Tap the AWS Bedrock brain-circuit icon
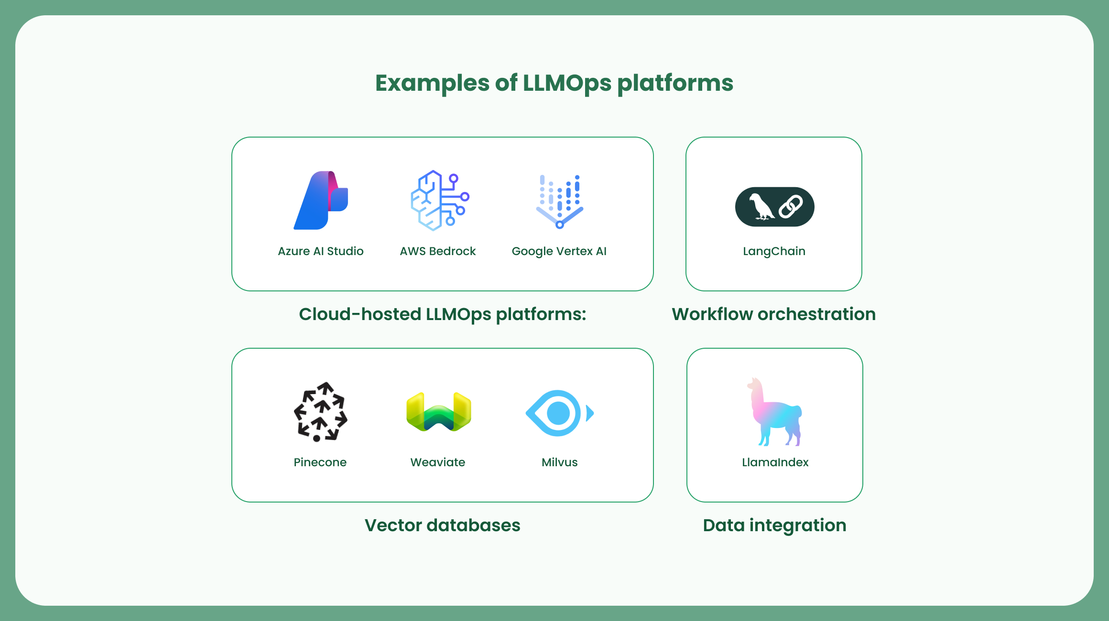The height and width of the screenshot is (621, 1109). point(439,201)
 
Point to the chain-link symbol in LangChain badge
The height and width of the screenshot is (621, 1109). point(791,207)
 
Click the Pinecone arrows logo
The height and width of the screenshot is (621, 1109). point(320,412)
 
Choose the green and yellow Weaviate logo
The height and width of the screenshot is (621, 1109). point(438,412)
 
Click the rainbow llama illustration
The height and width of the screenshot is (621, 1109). point(774,413)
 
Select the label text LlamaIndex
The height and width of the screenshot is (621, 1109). point(775,462)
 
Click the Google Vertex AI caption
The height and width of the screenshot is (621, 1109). point(559,251)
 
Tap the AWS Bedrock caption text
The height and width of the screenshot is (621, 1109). point(437,251)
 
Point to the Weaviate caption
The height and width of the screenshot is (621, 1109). point(437,462)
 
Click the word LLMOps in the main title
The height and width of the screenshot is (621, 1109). point(566,83)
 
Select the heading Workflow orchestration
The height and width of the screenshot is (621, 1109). point(773,314)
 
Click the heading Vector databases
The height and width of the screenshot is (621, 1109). point(442,525)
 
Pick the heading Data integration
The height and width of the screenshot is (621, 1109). point(774,525)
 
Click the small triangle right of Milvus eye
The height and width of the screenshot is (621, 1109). point(590,413)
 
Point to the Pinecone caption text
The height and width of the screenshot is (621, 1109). point(320,462)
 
